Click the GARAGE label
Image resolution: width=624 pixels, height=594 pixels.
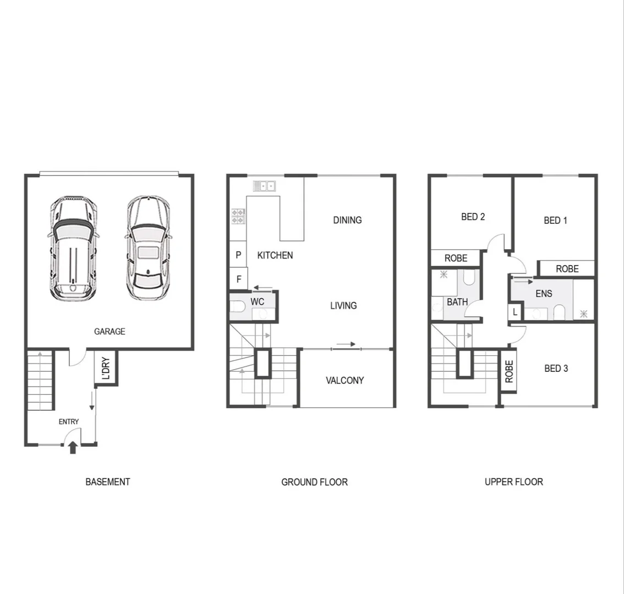[110, 331]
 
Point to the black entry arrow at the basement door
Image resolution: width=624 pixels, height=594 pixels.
[72, 448]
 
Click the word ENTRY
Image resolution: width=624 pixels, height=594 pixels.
[69, 422]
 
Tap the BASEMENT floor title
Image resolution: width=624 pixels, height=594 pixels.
[108, 482]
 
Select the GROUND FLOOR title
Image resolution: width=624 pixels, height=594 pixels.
[314, 482]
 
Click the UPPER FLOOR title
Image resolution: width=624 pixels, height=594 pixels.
[513, 482]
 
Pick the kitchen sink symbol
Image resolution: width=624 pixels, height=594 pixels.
[264, 186]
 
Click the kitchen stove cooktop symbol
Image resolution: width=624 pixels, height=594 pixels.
[238, 216]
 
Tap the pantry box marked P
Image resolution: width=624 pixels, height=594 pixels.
[239, 255]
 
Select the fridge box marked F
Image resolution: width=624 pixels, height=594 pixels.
[239, 279]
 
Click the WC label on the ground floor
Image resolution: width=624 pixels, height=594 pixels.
[257, 302]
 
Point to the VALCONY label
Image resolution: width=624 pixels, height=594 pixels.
[344, 380]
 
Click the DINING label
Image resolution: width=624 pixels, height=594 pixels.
[347, 220]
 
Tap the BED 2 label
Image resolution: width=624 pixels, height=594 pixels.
[473, 217]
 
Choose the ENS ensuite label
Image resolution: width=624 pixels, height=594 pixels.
[544, 294]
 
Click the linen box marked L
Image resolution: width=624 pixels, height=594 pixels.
[515, 312]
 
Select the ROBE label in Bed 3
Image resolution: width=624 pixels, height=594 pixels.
[509, 371]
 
